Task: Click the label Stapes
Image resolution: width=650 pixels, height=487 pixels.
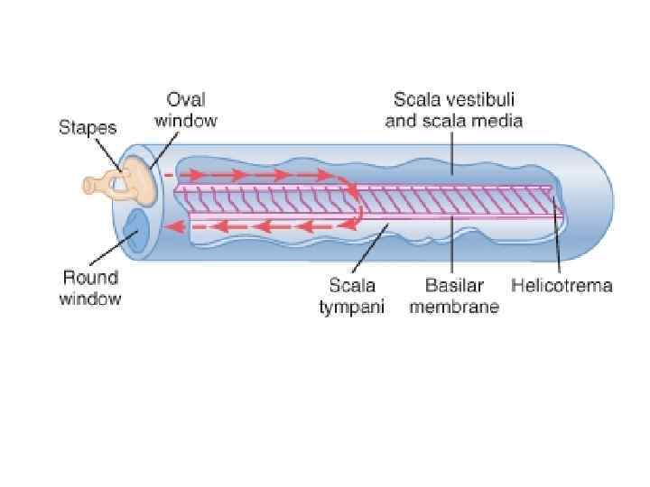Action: point(88,128)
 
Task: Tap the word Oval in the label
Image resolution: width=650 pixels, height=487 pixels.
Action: point(186,99)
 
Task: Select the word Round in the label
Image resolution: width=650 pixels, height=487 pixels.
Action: point(89,277)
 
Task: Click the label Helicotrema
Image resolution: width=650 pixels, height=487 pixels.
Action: point(562,286)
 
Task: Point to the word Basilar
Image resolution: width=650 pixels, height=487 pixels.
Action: point(454,286)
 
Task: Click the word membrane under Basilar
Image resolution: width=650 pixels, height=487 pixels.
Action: point(454,307)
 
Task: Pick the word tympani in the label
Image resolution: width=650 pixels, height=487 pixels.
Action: point(351,307)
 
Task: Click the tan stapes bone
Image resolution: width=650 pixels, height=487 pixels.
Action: point(126,184)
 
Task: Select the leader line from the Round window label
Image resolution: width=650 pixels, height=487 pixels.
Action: point(112,251)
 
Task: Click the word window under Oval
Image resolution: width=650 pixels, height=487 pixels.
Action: point(186,120)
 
